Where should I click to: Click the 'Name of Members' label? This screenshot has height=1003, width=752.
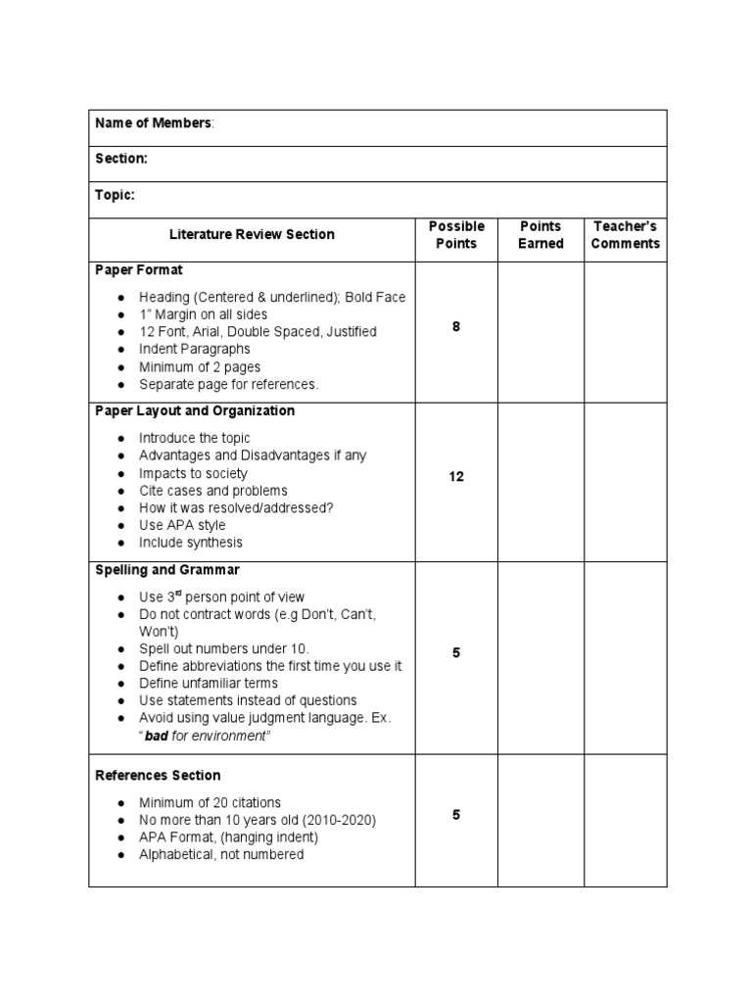pos(154,122)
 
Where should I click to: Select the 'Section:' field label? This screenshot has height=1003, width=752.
pos(121,159)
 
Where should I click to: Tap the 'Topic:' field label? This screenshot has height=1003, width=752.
pos(116,195)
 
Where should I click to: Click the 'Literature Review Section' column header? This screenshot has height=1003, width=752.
pos(252,234)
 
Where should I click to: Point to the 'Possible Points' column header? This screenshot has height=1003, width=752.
pos(456,234)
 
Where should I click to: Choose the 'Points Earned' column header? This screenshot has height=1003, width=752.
pos(540,234)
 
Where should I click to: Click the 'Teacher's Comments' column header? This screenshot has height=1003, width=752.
pos(626,234)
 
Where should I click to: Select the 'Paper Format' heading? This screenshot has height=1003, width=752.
pos(139,269)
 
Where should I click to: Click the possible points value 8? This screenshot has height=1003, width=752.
pos(456,327)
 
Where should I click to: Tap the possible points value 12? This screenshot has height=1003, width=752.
pos(456,477)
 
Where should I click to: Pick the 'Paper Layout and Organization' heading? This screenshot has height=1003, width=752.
pos(195,410)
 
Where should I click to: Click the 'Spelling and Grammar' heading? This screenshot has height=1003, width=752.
pos(167,569)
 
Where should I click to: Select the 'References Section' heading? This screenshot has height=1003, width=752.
pos(158,775)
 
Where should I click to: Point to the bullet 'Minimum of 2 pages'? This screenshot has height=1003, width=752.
pos(200,366)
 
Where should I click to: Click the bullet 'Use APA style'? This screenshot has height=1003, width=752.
pos(182,525)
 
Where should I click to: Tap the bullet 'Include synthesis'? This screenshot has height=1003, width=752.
pos(191,543)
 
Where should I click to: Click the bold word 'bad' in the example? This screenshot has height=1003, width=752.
pos(157,736)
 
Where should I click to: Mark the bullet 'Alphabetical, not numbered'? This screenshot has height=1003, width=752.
pos(221,854)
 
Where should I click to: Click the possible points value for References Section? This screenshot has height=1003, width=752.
pos(456,815)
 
